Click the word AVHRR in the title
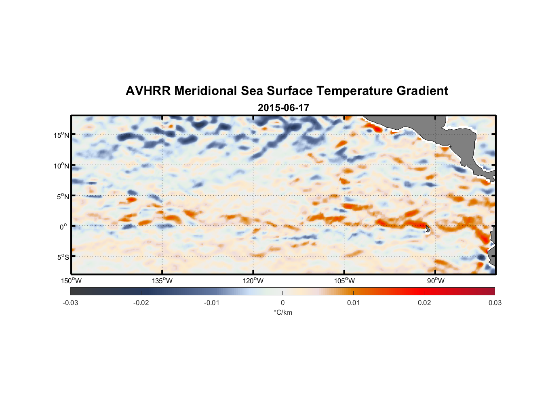[148, 91]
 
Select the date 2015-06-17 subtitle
[283, 108]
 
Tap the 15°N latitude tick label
[61, 135]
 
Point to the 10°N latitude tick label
[61, 166]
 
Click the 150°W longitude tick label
[72, 281]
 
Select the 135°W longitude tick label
[162, 281]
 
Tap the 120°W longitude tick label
[253, 281]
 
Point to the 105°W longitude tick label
[344, 281]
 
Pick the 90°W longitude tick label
[436, 281]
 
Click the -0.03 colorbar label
[70, 303]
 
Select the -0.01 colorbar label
[212, 303]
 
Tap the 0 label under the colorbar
[282, 303]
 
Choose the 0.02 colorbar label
[424, 303]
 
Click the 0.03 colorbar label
[495, 303]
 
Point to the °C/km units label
[283, 312]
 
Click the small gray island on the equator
[428, 229]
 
